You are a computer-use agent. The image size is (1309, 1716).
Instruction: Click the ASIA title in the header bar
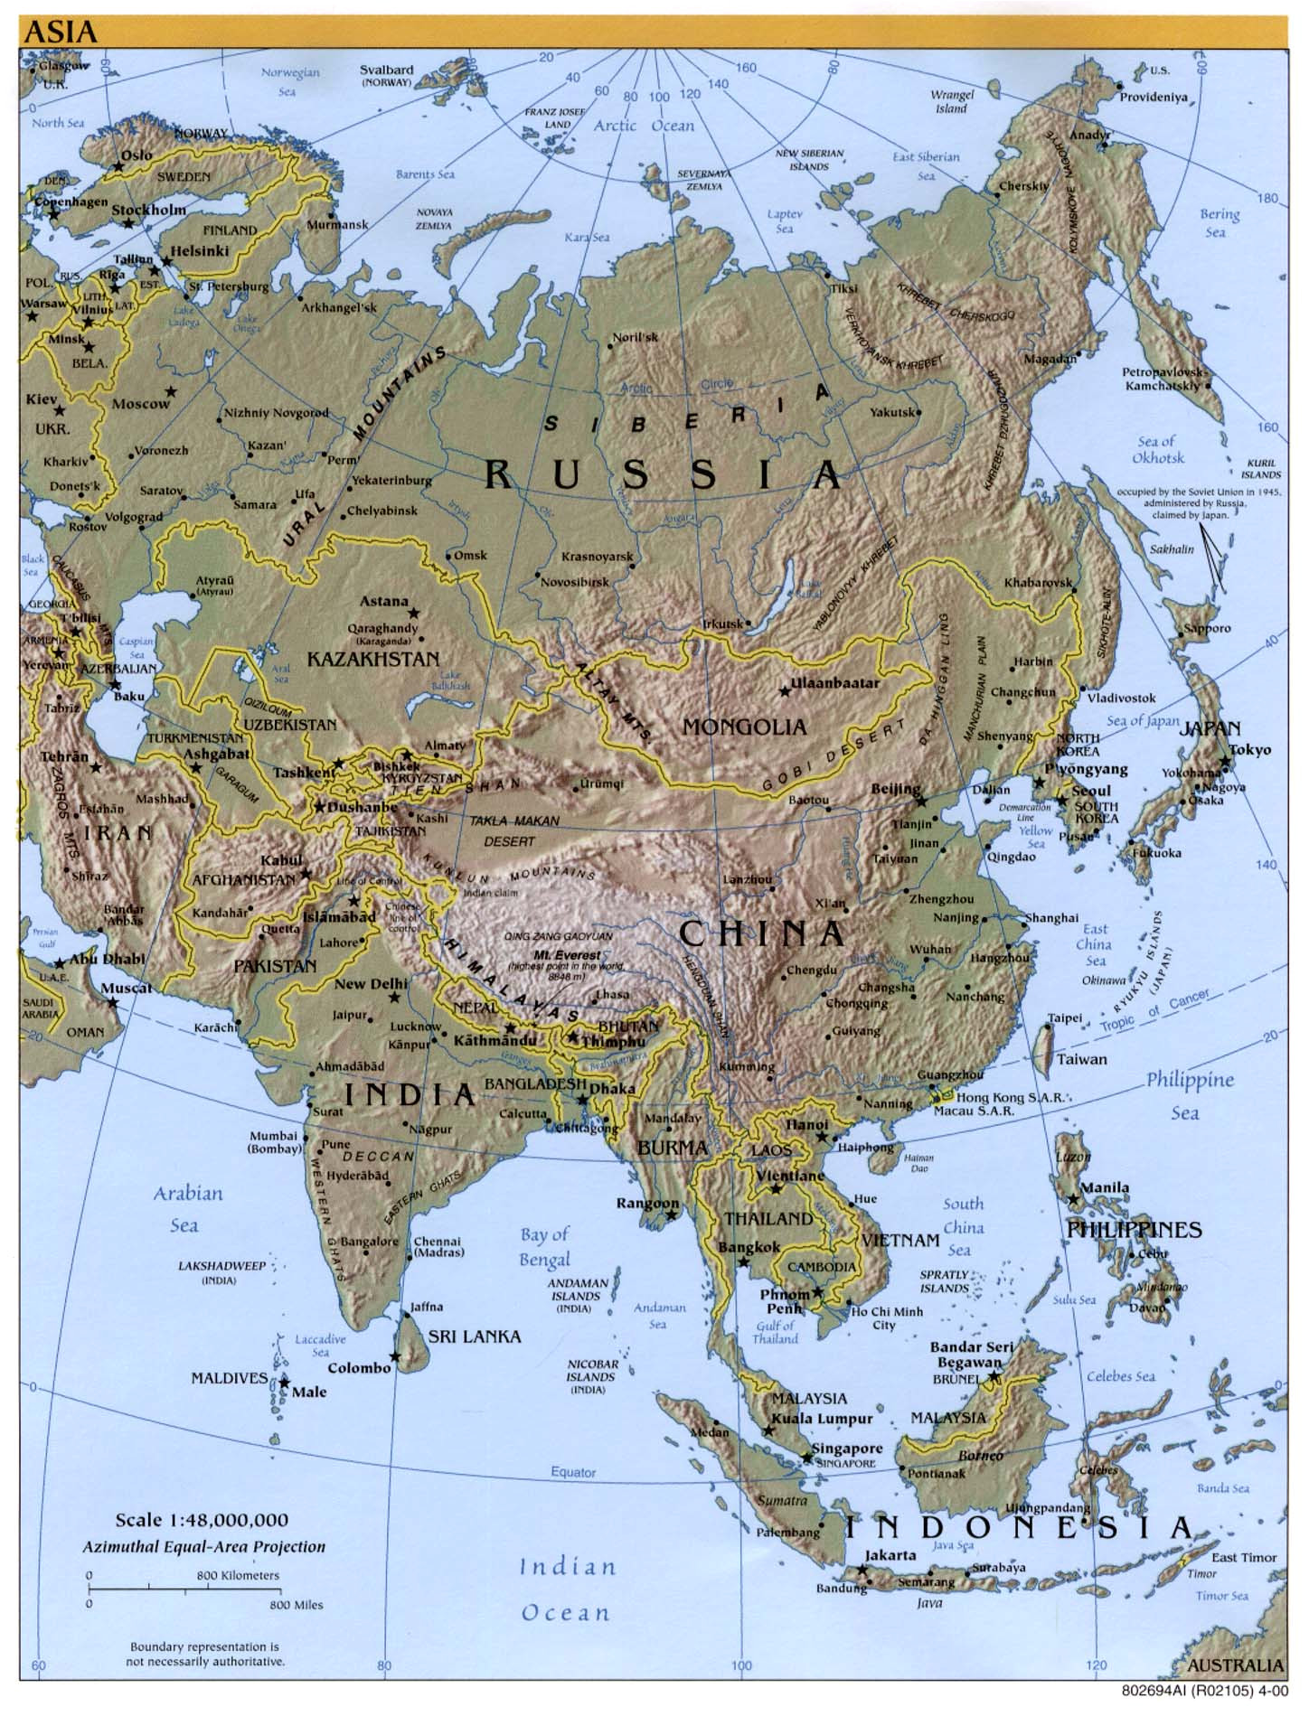tap(60, 32)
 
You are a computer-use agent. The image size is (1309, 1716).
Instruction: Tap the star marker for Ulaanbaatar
tap(785, 691)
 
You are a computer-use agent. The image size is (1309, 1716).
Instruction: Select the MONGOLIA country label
tap(744, 726)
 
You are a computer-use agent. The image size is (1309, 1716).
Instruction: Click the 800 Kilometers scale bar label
tap(238, 1575)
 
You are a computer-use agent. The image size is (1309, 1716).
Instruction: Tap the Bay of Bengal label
tap(544, 1246)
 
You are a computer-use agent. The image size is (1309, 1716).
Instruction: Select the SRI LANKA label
tap(474, 1336)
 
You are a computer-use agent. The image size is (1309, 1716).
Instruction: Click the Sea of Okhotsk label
tap(1158, 449)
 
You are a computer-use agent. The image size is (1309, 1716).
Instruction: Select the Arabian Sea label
tap(187, 1209)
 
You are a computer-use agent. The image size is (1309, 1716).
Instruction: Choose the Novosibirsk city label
tap(575, 582)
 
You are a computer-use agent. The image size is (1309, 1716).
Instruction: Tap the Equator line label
tap(573, 1471)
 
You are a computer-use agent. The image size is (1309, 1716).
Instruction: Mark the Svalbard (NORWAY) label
tap(387, 75)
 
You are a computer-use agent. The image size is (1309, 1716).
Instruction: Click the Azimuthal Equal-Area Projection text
tap(203, 1546)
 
